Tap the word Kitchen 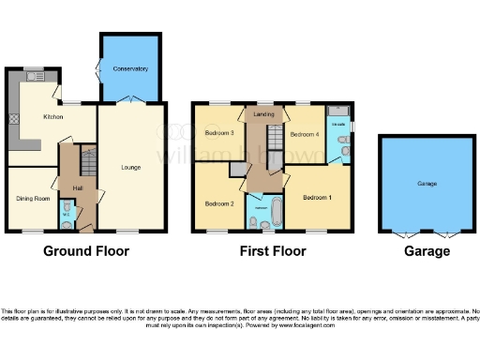coord(52,117)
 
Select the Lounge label coord(130,168)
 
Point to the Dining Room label coord(32,198)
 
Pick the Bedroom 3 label coord(217,133)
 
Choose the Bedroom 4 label coord(304,135)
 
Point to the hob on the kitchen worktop coord(14,118)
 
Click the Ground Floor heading coord(85,250)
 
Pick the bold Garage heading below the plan coord(427,250)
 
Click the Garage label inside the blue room coord(427,184)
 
